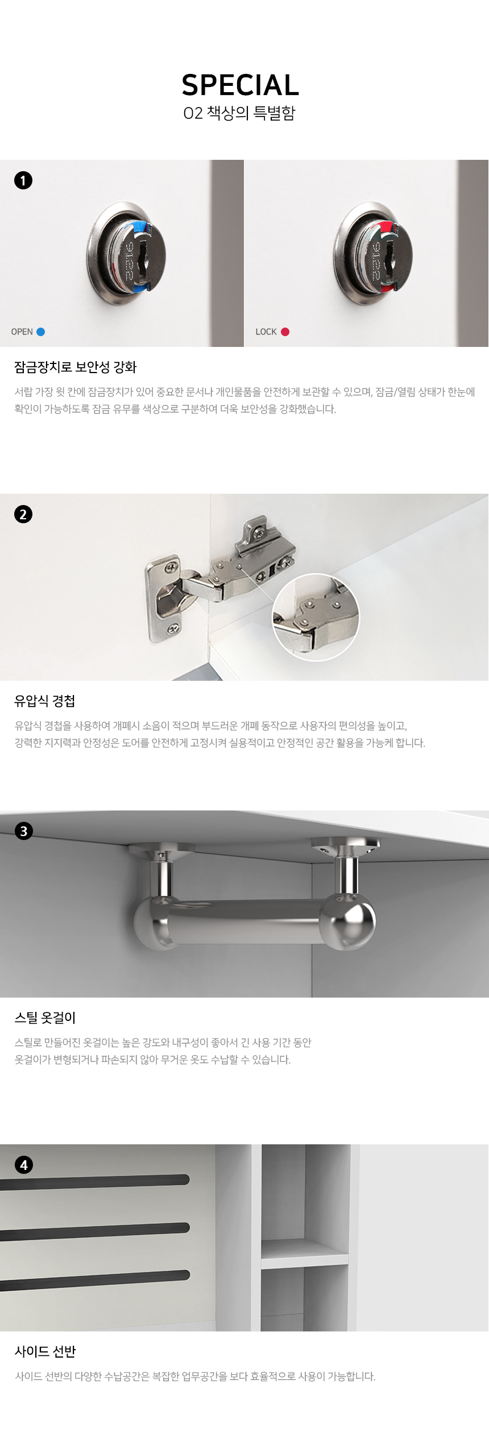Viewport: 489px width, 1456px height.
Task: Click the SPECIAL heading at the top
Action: click(240, 85)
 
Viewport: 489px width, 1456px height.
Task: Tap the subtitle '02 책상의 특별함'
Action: click(239, 113)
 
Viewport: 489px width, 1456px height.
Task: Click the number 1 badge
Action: click(23, 180)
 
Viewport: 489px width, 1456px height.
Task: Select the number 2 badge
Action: click(23, 514)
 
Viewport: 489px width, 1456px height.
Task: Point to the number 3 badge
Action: click(23, 831)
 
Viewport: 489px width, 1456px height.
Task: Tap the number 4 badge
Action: click(23, 1165)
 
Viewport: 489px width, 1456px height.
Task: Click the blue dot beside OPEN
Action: click(41, 332)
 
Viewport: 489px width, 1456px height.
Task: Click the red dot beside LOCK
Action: click(285, 332)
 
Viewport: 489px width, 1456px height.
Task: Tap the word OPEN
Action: click(22, 332)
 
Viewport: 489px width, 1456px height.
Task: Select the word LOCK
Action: click(266, 332)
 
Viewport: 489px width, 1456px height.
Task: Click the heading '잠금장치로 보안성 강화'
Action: click(76, 367)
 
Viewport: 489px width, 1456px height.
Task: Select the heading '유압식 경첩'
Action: click(45, 701)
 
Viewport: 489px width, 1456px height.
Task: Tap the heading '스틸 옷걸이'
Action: click(45, 1017)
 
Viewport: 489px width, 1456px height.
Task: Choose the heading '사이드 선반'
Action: click(45, 1351)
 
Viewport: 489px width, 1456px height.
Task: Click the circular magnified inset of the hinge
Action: click(316, 617)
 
